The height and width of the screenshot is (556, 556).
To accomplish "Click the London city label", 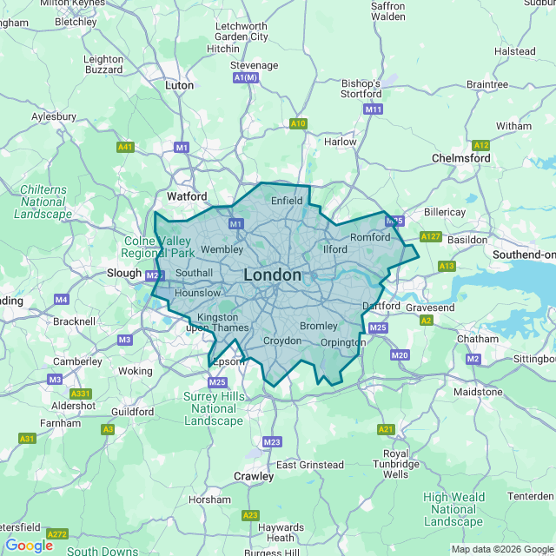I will pyautogui.click(x=273, y=275).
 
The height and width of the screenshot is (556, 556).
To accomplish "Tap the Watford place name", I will pyautogui.click(x=187, y=196).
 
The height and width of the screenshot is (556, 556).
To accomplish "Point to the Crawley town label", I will pyautogui.click(x=254, y=476).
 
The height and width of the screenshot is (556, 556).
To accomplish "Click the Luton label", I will pyautogui.click(x=179, y=86).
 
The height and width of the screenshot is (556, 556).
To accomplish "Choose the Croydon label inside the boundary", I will pyautogui.click(x=281, y=341).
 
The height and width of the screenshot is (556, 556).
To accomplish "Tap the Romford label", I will pyautogui.click(x=373, y=237).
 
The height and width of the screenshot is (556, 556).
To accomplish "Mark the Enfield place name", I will pyautogui.click(x=287, y=201).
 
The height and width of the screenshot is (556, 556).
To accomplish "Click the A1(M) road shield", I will pyautogui.click(x=247, y=78).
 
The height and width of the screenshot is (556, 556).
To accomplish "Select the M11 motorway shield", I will pyautogui.click(x=374, y=109).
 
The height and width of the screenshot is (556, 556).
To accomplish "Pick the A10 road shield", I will pyautogui.click(x=298, y=123).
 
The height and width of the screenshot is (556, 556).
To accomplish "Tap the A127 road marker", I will pyautogui.click(x=430, y=236).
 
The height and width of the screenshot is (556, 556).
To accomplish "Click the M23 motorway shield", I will pyautogui.click(x=272, y=442).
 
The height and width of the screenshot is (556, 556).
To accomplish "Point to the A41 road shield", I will pyautogui.click(x=125, y=148).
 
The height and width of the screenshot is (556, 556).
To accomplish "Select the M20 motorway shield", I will pyautogui.click(x=400, y=355).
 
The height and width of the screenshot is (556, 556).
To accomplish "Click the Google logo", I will pyautogui.click(x=29, y=546).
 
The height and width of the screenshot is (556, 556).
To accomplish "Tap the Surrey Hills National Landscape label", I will pyautogui.click(x=215, y=408).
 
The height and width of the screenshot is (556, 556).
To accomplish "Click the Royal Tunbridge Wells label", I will pyautogui.click(x=395, y=464).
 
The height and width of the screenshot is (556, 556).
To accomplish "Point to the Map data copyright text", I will pyautogui.click(x=502, y=549).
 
